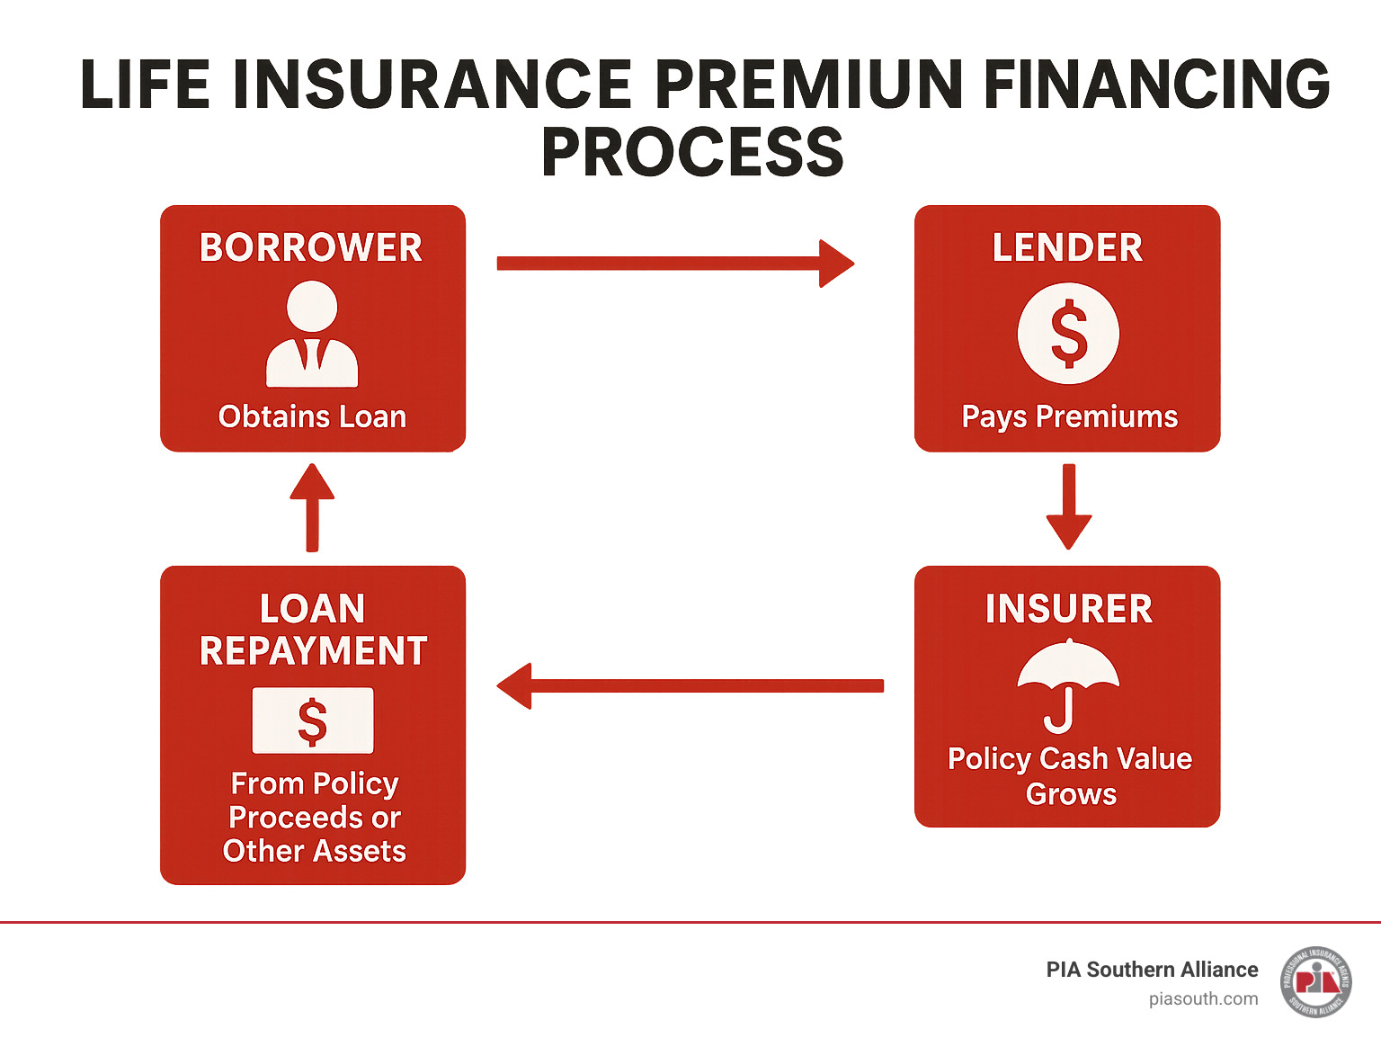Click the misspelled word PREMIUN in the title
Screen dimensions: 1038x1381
click(808, 85)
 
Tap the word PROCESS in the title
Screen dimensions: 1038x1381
click(692, 152)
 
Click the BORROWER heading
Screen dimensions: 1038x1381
click(311, 247)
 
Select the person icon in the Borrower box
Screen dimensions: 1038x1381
click(312, 334)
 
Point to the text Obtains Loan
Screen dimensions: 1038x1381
click(312, 416)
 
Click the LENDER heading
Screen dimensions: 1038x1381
click(1067, 247)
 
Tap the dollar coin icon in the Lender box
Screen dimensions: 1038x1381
click(1068, 334)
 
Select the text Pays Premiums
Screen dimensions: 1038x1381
click(1069, 416)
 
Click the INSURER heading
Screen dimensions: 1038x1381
click(1068, 609)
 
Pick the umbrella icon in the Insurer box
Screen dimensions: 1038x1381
click(1067, 684)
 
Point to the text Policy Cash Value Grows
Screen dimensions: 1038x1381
click(1070, 775)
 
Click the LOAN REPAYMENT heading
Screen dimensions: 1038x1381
click(313, 630)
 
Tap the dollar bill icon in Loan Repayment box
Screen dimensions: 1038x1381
click(312, 720)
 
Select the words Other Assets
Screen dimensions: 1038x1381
click(315, 851)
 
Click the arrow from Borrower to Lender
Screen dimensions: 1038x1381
click(674, 263)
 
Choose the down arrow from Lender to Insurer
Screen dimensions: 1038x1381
click(1069, 507)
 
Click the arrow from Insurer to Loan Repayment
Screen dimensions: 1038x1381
click(690, 686)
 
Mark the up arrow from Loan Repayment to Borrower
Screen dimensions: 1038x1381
click(312, 507)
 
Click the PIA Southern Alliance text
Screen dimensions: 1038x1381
click(1152, 970)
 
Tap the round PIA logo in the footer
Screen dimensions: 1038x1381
click(1316, 981)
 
